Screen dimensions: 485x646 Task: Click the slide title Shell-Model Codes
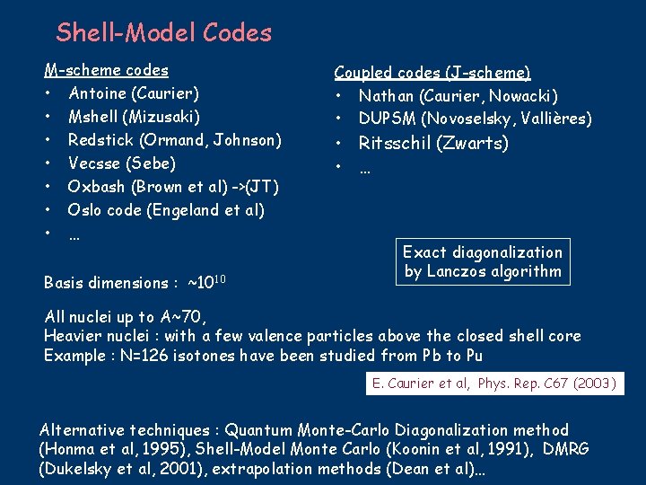tap(163, 33)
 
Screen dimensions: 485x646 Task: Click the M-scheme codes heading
tap(107, 69)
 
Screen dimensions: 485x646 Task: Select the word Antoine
tap(98, 93)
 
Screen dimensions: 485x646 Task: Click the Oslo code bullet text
tap(166, 210)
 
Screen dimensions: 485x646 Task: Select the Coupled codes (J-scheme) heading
tap(432, 72)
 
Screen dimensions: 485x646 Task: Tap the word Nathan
tap(386, 95)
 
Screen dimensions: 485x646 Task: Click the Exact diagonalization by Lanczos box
tap(483, 261)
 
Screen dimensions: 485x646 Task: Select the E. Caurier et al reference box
tap(494, 384)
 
